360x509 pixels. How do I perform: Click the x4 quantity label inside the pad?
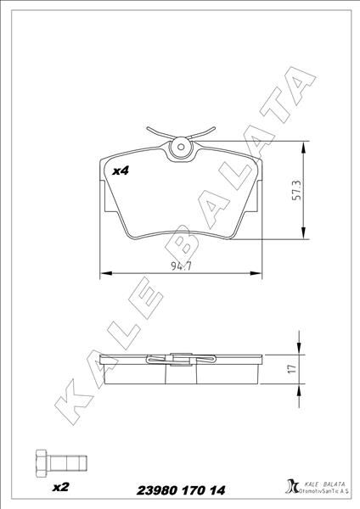coord(120,171)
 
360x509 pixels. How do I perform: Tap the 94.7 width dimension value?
coord(177,266)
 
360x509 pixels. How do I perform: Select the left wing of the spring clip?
coord(159,133)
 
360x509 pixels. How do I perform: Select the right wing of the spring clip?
coord(202,133)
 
